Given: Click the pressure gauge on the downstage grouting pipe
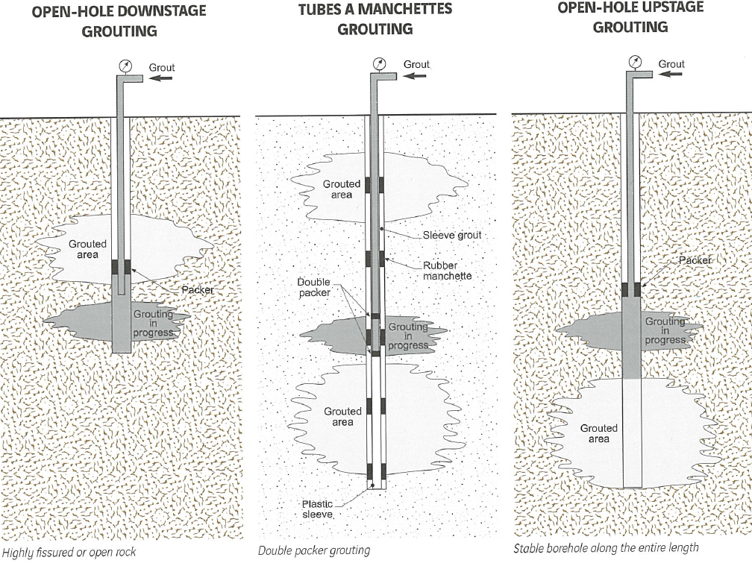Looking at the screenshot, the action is point(125,66).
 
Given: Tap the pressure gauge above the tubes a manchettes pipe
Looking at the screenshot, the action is point(379,64).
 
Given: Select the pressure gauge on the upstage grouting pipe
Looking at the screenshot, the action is point(635,62).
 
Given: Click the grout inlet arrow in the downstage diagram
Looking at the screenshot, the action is point(160,78).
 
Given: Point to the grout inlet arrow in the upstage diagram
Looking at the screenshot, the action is point(671,75).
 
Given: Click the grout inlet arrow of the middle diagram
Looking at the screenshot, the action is point(415,75).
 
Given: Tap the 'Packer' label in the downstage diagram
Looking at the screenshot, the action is point(198,289).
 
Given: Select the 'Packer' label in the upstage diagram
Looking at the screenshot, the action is point(695,260).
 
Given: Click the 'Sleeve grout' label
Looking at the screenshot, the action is point(452,235).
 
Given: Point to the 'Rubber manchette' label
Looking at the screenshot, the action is point(447,271).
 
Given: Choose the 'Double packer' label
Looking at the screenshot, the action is point(314,287).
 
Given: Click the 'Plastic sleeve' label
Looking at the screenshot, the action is point(317,509).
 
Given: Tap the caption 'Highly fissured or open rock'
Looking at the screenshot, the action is point(69,553).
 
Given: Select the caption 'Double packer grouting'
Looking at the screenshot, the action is point(314,550).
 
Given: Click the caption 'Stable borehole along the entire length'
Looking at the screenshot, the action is point(606,547).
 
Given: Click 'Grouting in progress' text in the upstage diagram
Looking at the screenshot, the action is point(665,330).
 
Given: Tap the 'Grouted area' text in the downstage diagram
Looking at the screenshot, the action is point(87,249).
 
